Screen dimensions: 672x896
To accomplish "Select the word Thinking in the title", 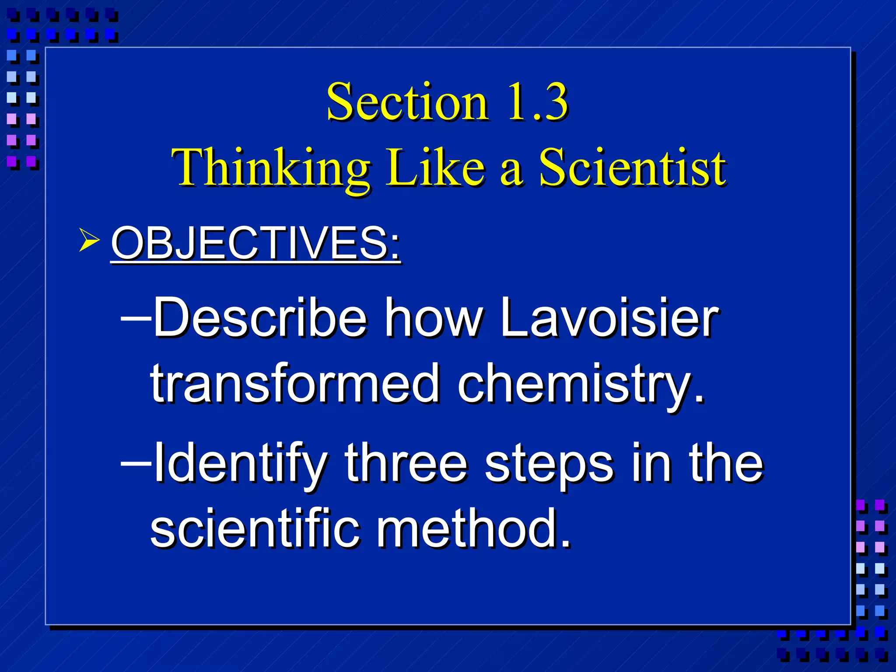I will click(x=271, y=168).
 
